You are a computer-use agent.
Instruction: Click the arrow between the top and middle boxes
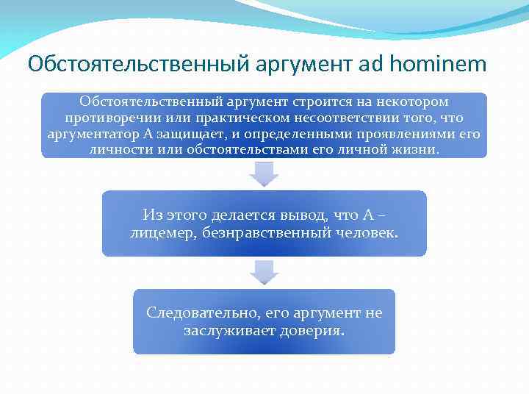(x=264, y=174)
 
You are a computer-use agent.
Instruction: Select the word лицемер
(x=159, y=232)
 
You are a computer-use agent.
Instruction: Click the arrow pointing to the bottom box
(x=264, y=272)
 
